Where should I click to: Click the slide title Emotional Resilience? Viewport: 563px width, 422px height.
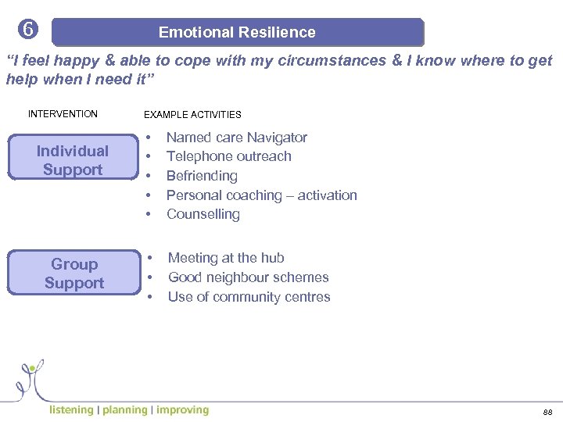(237, 33)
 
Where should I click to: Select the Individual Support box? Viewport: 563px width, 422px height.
(73, 160)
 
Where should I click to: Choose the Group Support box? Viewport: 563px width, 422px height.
(74, 274)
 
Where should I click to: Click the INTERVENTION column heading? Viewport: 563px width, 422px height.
(63, 114)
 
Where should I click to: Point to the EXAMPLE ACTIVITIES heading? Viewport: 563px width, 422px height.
(192, 115)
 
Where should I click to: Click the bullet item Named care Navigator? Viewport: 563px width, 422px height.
(236, 138)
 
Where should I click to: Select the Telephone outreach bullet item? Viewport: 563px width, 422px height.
(228, 156)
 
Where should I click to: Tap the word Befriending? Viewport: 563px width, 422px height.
(202, 176)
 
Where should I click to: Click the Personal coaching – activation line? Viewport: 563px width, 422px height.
(261, 195)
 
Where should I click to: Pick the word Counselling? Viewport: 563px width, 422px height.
(203, 214)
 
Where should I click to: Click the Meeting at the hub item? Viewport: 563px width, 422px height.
(226, 258)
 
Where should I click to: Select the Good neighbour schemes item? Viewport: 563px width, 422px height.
(248, 277)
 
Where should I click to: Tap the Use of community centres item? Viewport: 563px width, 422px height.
(249, 297)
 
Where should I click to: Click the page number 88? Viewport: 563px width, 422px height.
(547, 412)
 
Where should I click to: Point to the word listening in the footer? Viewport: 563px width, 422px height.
(71, 410)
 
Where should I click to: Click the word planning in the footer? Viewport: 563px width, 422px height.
(124, 410)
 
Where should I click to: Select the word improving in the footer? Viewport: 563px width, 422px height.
(182, 410)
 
